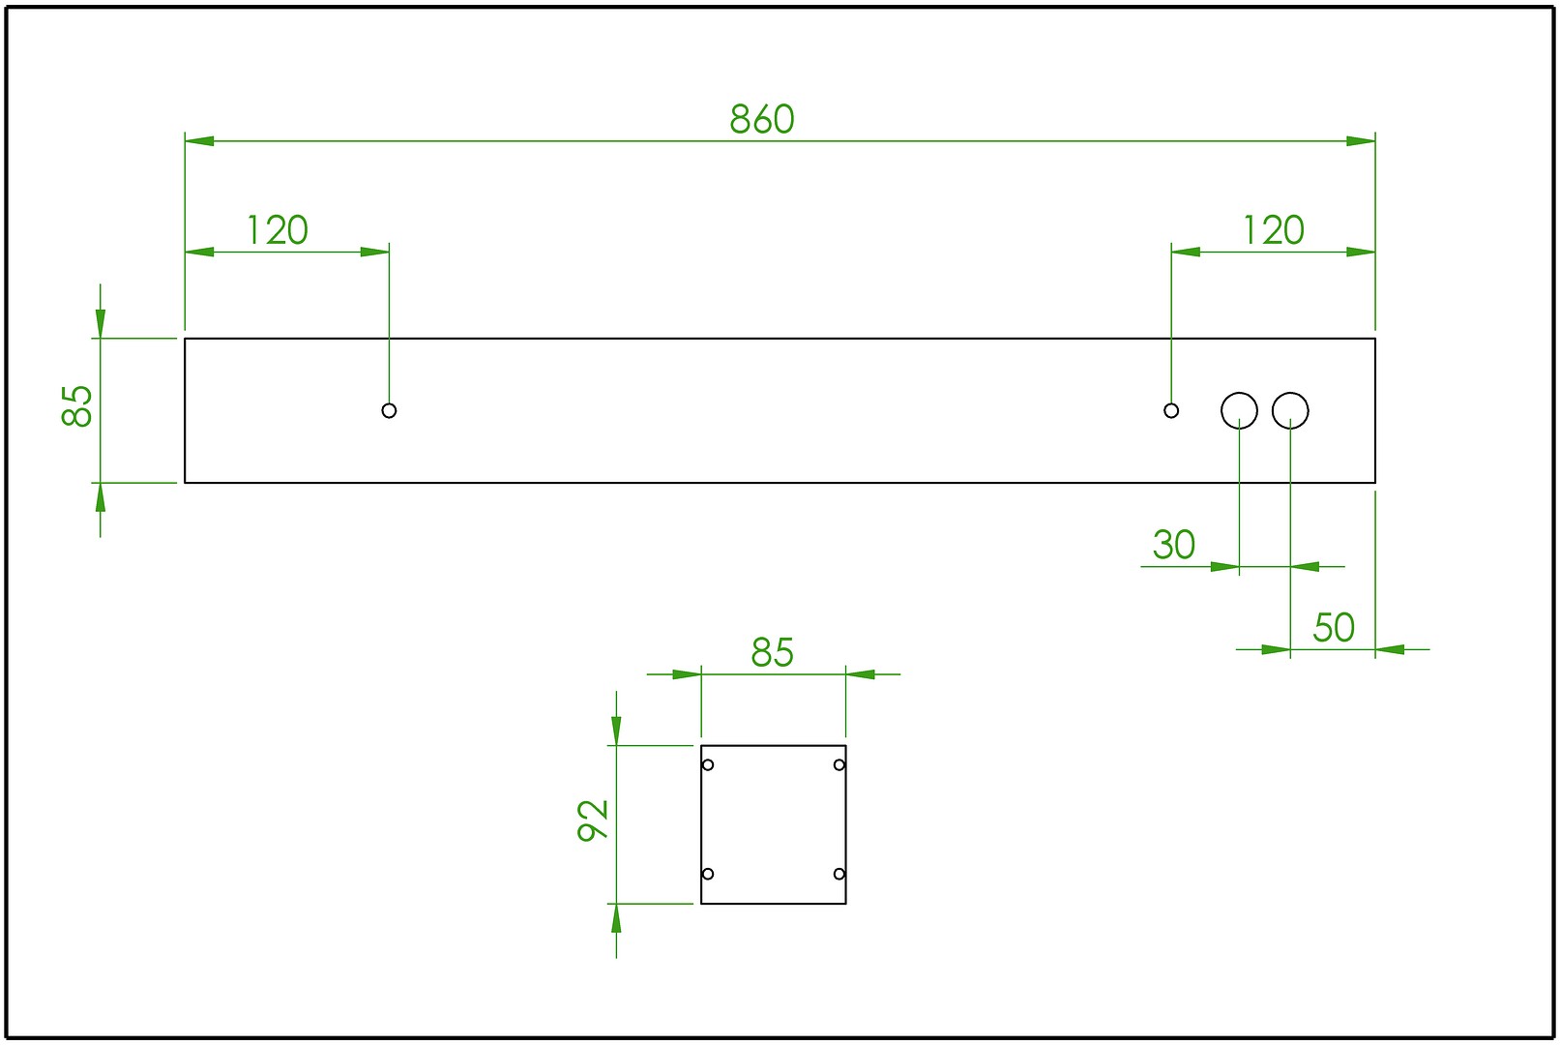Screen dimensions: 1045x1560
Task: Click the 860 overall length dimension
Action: point(761,119)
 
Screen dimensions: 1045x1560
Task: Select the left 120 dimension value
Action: point(277,230)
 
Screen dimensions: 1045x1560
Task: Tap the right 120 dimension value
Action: point(1273,230)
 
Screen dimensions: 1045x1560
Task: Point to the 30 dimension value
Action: point(1173,545)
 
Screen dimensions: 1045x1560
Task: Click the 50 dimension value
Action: point(1333,628)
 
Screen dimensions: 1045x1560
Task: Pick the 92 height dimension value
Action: point(593,821)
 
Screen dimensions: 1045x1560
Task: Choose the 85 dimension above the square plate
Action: point(772,653)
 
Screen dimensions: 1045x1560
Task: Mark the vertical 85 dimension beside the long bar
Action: point(77,405)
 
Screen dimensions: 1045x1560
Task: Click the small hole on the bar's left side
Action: point(389,410)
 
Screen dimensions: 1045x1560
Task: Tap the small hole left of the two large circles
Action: point(1171,410)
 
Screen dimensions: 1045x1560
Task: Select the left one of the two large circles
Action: point(1239,410)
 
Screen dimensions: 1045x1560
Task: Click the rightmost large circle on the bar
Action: point(1290,410)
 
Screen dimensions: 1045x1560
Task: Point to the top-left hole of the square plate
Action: point(708,765)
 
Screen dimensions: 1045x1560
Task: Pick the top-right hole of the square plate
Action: point(839,765)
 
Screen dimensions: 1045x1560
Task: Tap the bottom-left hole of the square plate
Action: point(708,874)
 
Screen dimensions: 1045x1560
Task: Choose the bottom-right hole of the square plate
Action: point(839,874)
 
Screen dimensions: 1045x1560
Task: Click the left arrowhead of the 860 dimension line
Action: point(199,141)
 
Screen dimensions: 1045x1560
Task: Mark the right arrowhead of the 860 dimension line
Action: point(1361,141)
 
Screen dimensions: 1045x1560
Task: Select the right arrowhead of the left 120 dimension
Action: point(375,252)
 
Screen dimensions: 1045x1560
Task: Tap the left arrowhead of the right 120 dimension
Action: point(1186,252)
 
